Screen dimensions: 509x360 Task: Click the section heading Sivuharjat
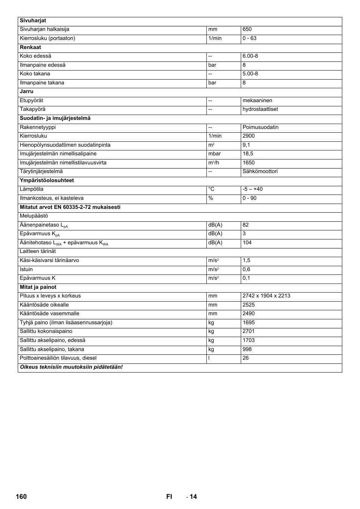coord(33,21)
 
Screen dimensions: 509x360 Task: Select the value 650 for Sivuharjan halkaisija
coord(247,29)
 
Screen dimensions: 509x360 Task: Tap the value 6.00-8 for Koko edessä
coord(250,56)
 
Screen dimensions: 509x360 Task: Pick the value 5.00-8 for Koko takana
coord(250,74)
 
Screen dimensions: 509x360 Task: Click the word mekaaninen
coord(257,101)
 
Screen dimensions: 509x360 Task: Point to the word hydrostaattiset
coord(260,109)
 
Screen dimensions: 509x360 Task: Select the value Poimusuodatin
coord(260,127)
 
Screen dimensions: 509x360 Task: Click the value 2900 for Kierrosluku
coord(249,136)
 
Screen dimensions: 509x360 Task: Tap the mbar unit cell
coord(214,154)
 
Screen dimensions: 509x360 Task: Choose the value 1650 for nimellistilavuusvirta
coord(249,163)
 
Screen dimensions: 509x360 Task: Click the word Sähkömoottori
coord(260,172)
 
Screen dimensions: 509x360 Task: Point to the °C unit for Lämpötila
coord(211,189)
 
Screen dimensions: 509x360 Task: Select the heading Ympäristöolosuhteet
coord(47,181)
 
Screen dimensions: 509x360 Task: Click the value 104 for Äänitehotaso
coord(247,243)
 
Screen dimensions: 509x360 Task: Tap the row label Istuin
coord(26,270)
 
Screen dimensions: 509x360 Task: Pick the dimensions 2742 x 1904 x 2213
coord(266,296)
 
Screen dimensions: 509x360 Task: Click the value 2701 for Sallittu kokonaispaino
coord(249,331)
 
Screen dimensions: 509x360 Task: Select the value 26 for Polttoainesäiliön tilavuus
coord(246,358)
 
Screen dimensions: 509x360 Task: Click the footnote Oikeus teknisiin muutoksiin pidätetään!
coord(71,367)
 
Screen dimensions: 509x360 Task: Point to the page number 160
coord(22,497)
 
